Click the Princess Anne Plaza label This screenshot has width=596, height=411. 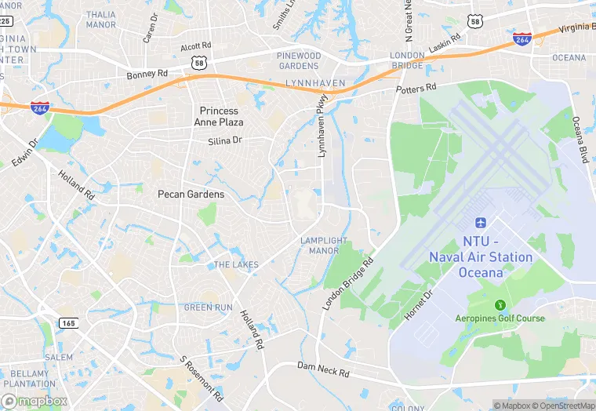pyautogui.click(x=219, y=117)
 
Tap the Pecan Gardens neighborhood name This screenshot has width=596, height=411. pyautogui.click(x=191, y=194)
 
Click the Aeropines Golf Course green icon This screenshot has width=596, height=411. pyautogui.click(x=500, y=305)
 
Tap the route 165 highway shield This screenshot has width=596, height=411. pyautogui.click(x=68, y=322)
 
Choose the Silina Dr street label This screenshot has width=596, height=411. pyautogui.click(x=225, y=140)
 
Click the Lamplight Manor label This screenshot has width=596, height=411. pyautogui.click(x=319, y=246)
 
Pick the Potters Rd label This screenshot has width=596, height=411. pyautogui.click(x=416, y=89)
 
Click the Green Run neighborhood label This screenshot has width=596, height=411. pyautogui.click(x=208, y=307)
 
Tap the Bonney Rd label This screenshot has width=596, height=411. pyautogui.click(x=147, y=75)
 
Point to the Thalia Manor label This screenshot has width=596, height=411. pyautogui.click(x=100, y=20)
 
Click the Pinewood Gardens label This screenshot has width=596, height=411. pyautogui.click(x=299, y=61)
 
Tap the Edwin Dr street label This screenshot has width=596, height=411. pyautogui.click(x=24, y=154)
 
